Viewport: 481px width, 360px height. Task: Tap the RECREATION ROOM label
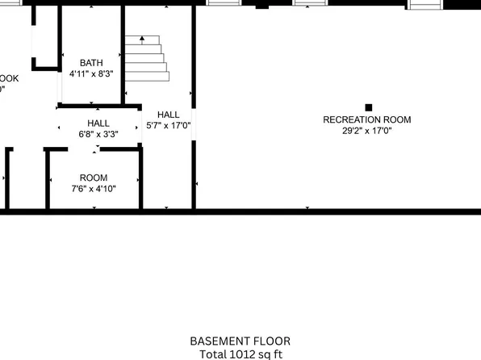pyautogui.click(x=366, y=119)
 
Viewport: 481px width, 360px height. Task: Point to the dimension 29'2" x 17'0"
pyautogui.click(x=366, y=131)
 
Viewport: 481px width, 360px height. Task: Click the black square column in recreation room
pyautogui.click(x=369, y=107)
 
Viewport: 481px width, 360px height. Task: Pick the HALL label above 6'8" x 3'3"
pyautogui.click(x=98, y=123)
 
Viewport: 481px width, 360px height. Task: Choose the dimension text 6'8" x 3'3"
pyautogui.click(x=98, y=134)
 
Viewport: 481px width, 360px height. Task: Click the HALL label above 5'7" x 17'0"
pyautogui.click(x=169, y=114)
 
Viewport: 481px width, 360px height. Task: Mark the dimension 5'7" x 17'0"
pyautogui.click(x=169, y=125)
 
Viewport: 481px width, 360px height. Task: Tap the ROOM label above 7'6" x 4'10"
pyautogui.click(x=93, y=178)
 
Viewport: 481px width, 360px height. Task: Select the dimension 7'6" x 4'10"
pyautogui.click(x=94, y=189)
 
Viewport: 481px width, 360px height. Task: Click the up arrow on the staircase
pyautogui.click(x=142, y=38)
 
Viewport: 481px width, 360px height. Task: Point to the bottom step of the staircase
pyautogui.click(x=147, y=76)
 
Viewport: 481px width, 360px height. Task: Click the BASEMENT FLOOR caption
pyautogui.click(x=240, y=341)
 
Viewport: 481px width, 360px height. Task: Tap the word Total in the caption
pyautogui.click(x=213, y=354)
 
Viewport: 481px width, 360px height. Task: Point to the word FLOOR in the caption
pyautogui.click(x=273, y=341)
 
